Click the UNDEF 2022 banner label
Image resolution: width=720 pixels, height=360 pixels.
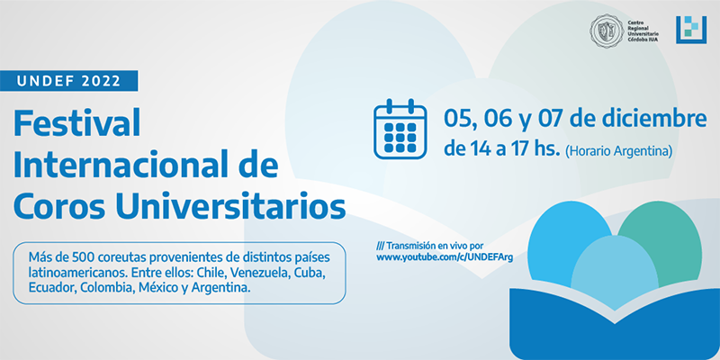pyautogui.click(x=69, y=81)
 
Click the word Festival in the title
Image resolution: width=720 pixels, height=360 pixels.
pyautogui.click(x=76, y=124)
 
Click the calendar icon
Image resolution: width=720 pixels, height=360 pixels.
pyautogui.click(x=400, y=130)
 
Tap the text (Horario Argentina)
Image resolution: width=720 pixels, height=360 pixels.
pyautogui.click(x=618, y=150)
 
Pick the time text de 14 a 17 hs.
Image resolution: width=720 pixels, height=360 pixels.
pyautogui.click(x=501, y=149)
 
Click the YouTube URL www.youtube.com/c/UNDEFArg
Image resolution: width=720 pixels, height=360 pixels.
pyautogui.click(x=445, y=257)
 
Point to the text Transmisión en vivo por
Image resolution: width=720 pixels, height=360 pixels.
pyautogui.click(x=430, y=245)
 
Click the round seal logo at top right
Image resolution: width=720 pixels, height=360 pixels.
pyautogui.click(x=607, y=30)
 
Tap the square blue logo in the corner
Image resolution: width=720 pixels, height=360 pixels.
pyautogui.click(x=690, y=30)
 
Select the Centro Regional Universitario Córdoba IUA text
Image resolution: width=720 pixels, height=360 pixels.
pyautogui.click(x=643, y=31)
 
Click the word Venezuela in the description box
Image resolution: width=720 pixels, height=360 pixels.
pyautogui.click(x=257, y=273)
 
